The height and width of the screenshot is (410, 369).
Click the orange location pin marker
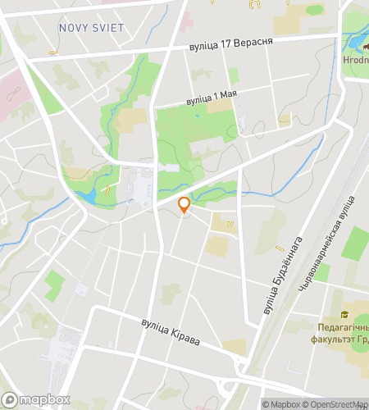pyautogui.click(x=184, y=205)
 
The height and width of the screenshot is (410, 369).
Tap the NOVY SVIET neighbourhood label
pyautogui.click(x=91, y=28)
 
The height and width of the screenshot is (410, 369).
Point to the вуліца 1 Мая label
pyautogui.click(x=212, y=96)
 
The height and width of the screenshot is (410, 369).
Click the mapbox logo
pyautogui.click(x=35, y=399)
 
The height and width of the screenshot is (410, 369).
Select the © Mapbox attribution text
pyautogui.click(x=280, y=404)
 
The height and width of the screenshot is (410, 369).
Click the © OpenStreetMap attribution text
pyautogui.click(x=335, y=404)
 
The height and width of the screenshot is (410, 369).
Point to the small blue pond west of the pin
pyautogui.click(x=85, y=197)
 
